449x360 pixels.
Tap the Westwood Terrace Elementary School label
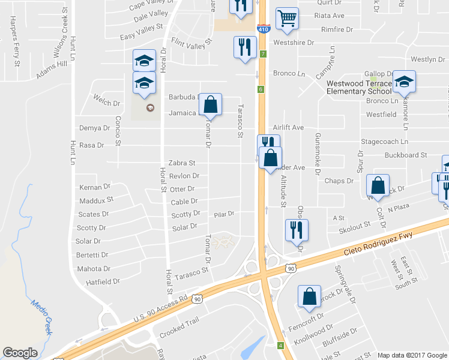click(x=359, y=87)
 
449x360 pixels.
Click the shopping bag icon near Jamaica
click(x=210, y=104)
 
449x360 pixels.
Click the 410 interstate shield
click(x=262, y=28)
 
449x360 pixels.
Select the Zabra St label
click(x=182, y=163)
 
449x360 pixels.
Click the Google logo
click(x=20, y=352)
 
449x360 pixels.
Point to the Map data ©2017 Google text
click(x=412, y=355)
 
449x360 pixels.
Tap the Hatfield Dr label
click(x=103, y=281)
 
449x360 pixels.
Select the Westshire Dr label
click(x=294, y=43)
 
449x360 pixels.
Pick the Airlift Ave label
click(x=288, y=128)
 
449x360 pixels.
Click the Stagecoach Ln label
click(x=384, y=142)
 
